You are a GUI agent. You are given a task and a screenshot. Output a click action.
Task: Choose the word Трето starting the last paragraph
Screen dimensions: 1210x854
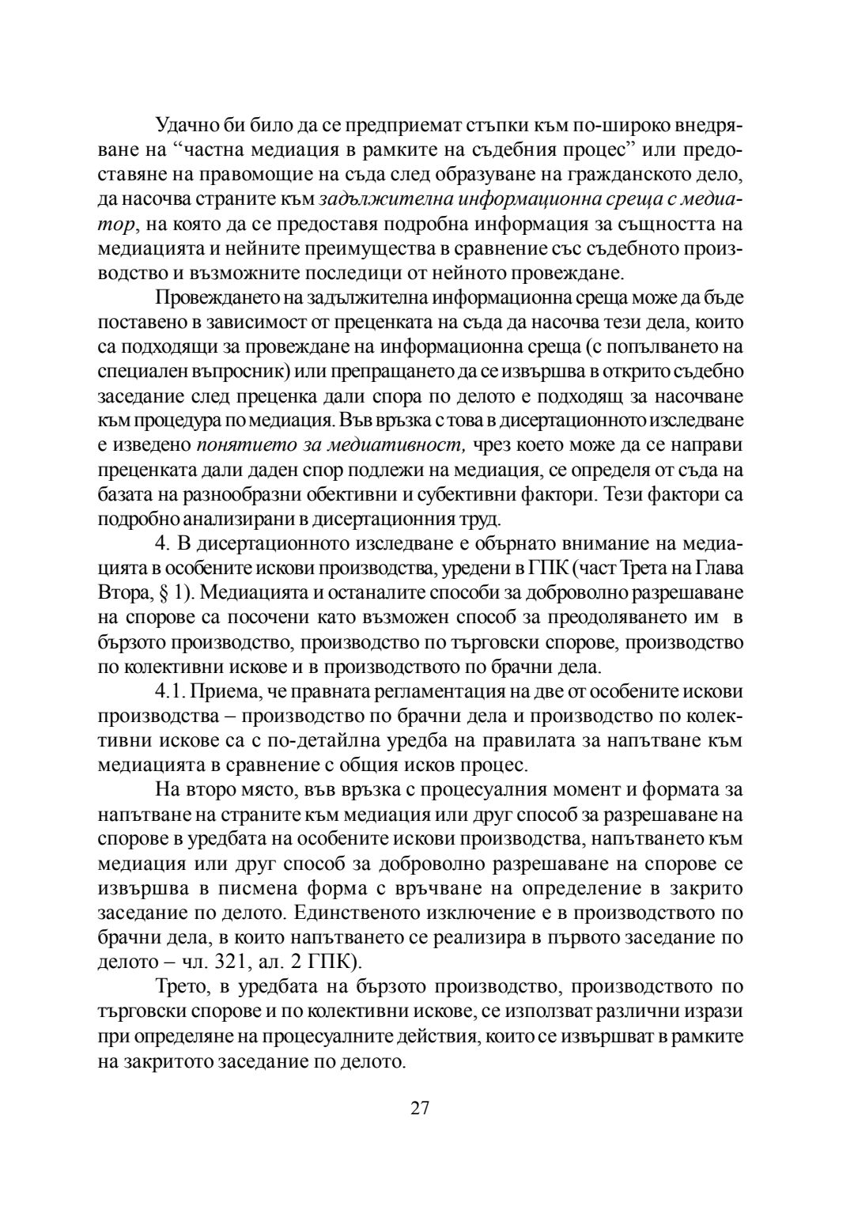pyautogui.click(x=181, y=986)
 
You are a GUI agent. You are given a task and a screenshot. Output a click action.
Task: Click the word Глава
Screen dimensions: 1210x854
pyautogui.click(x=720, y=569)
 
